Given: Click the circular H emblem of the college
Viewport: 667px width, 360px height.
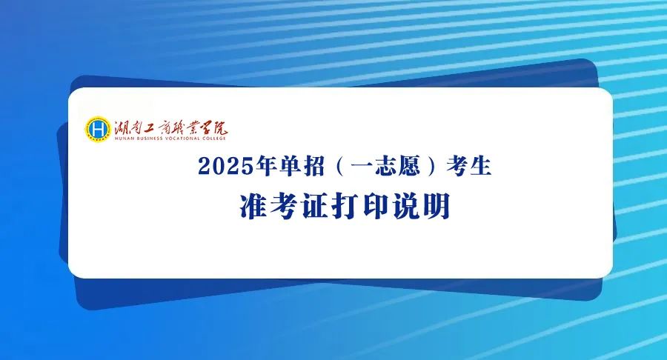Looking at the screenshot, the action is pyautogui.click(x=97, y=129).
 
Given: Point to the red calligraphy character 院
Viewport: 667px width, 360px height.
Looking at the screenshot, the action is pyautogui.click(x=219, y=127).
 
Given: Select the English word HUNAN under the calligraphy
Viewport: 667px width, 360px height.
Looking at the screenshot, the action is pyautogui.click(x=124, y=138).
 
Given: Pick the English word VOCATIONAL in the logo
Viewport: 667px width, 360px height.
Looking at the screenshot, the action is pyautogui.click(x=182, y=138).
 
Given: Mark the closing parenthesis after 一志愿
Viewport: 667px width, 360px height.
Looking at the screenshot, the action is pyautogui.click(x=433, y=166).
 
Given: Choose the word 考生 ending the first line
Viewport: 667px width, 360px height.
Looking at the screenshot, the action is pyautogui.click(x=469, y=166).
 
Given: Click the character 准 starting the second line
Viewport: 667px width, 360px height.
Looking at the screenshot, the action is pyautogui.click(x=253, y=207).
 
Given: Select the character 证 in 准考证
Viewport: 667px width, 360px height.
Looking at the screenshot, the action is pyautogui.click(x=315, y=207).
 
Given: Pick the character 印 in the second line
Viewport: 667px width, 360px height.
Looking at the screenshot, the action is pyautogui.click(x=376, y=207).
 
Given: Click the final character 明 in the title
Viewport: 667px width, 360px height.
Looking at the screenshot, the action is pyautogui.click(x=437, y=207).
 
